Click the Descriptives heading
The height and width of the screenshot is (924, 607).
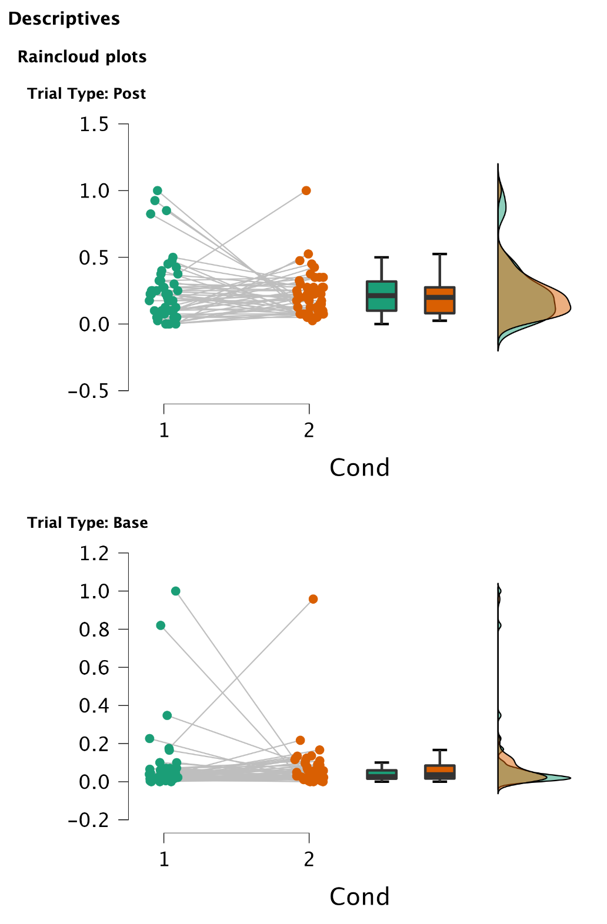point(64,19)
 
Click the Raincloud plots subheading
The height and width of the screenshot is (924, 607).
point(82,57)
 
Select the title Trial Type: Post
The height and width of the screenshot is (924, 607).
point(86,94)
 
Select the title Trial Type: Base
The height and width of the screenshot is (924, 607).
point(87,523)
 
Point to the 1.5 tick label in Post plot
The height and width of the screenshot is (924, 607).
point(94,125)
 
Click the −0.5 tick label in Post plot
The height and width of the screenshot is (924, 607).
point(89,391)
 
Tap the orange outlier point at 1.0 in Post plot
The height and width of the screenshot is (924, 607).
point(306,190)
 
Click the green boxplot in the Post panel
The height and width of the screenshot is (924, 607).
point(381,296)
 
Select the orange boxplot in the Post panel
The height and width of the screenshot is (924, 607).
point(439,300)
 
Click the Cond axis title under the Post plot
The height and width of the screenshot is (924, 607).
point(359,468)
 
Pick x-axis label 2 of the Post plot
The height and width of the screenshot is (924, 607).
point(309,431)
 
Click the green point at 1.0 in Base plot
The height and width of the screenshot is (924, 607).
point(175,591)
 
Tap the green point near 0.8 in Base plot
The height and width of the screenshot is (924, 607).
point(161,625)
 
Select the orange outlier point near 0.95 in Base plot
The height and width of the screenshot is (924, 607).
point(313,599)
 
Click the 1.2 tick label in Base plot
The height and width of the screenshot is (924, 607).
point(94,554)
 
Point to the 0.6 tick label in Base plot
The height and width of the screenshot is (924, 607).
point(94,668)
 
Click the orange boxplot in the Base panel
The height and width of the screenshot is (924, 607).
point(439,772)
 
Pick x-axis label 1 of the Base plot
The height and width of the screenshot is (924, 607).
point(164,860)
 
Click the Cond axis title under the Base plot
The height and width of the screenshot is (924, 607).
point(359,897)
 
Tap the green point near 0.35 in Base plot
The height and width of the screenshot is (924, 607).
point(167,715)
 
